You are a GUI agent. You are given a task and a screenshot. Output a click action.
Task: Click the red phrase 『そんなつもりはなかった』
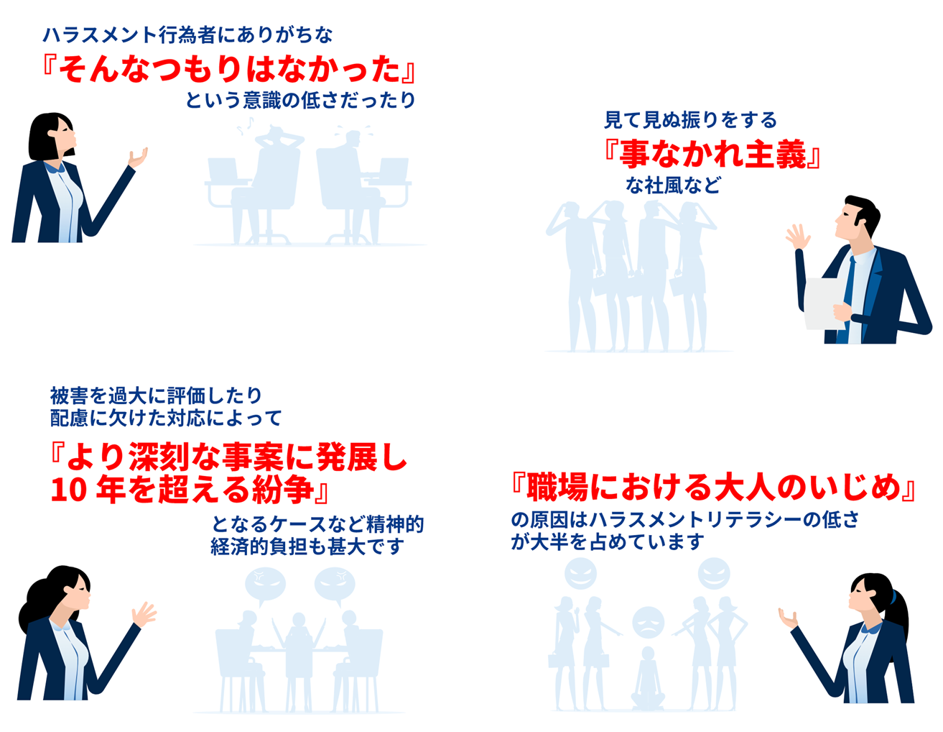(x=228, y=69)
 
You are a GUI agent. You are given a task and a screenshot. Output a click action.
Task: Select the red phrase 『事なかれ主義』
(x=711, y=153)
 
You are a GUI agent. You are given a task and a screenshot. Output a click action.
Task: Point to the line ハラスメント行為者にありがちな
(x=187, y=35)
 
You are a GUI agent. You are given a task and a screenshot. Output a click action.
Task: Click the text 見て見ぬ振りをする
(x=690, y=119)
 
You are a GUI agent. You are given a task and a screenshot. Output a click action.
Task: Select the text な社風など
(x=672, y=186)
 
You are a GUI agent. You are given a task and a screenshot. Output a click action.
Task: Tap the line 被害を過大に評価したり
(x=156, y=395)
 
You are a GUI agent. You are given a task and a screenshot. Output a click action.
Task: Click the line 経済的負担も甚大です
(x=307, y=546)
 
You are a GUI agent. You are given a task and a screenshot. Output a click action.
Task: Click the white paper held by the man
(x=824, y=302)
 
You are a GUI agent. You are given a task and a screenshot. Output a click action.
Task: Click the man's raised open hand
(x=798, y=237)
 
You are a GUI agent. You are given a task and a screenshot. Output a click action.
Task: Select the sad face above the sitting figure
(x=648, y=622)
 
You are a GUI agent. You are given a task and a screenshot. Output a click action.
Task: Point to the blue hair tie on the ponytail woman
(x=893, y=596)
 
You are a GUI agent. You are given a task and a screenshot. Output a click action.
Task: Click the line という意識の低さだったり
(x=300, y=100)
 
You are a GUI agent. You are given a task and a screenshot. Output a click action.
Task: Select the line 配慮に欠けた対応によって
(x=166, y=417)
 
